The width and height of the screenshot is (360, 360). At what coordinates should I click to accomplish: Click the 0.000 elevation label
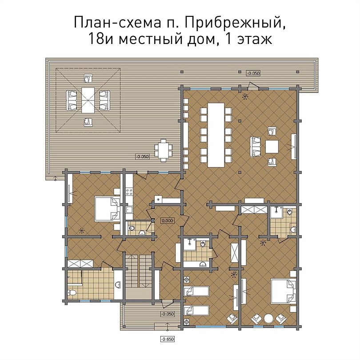pyautogui.click(x=168, y=220)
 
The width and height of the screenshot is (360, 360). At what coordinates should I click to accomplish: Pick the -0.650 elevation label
pyautogui.click(x=167, y=339)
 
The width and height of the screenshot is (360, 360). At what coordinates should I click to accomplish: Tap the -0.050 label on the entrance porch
pyautogui.click(x=168, y=314)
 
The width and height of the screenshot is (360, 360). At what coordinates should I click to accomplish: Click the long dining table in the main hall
pyautogui.click(x=216, y=135)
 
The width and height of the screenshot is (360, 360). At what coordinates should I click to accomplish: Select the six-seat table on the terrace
pyautogui.click(x=164, y=150)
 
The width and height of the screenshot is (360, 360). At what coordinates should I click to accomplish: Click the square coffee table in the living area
pyautogui.click(x=272, y=147)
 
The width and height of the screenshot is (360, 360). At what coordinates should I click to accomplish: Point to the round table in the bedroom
pyautogui.click(x=268, y=318)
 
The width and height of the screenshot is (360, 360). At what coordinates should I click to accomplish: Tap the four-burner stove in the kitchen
pyautogui.click(x=129, y=192)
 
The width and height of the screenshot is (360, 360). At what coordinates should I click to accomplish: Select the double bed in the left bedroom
pyautogui.click(x=108, y=209)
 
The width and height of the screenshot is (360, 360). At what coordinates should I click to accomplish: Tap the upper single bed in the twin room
pyautogui.click(x=196, y=292)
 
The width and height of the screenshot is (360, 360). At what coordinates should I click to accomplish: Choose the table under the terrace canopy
pyautogui.click(x=88, y=100)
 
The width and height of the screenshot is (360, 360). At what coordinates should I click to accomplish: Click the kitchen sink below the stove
pyautogui.click(x=129, y=210)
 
